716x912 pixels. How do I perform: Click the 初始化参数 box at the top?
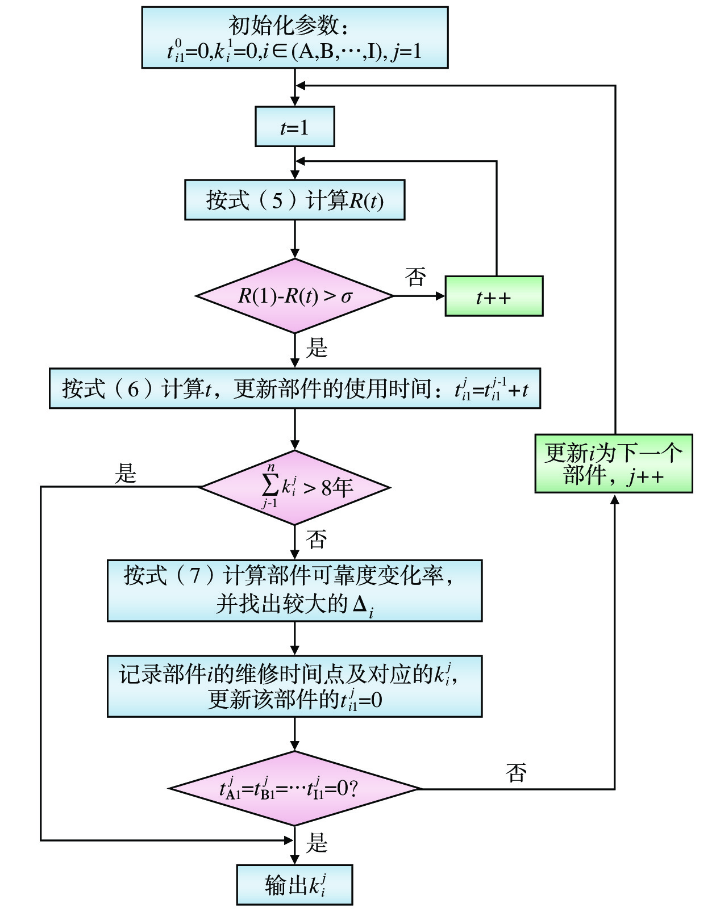(294, 37)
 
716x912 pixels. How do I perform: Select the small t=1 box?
(294, 127)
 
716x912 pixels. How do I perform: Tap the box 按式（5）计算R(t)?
(294, 200)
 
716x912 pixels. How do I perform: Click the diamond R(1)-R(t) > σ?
(294, 296)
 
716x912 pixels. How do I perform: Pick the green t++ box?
(493, 296)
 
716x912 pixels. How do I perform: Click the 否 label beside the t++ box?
(415, 277)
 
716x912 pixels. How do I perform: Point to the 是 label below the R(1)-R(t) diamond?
(317, 348)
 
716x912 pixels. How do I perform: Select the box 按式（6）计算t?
(294, 388)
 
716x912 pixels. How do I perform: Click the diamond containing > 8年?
(294, 487)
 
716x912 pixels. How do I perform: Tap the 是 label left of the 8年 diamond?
(126, 473)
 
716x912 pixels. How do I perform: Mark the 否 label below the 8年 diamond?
(317, 539)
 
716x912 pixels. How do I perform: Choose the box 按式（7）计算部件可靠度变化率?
(294, 591)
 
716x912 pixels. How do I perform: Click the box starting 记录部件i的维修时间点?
(294, 686)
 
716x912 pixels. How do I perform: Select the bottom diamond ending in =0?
(294, 788)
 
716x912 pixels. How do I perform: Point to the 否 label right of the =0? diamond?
(516, 773)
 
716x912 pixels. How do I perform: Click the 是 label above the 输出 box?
(317, 843)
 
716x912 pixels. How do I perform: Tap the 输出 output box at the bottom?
(294, 885)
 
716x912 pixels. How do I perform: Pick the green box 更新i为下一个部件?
(614, 463)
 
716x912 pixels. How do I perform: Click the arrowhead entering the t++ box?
(440, 296)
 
